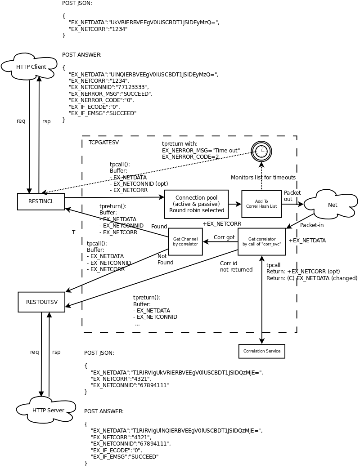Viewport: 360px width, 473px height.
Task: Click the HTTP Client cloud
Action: pyautogui.click(x=31, y=67)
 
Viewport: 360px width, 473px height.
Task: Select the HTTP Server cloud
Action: pyautogui.click(x=48, y=410)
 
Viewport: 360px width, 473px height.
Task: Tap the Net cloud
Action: pyautogui.click(x=332, y=205)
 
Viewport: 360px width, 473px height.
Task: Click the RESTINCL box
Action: pyautogui.click(x=41, y=201)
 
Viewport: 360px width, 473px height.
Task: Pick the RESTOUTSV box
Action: pyautogui.click(x=41, y=302)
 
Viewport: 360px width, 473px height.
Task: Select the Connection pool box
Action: pyautogui.click(x=196, y=204)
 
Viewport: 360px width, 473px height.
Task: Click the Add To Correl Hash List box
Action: pyautogui.click(x=261, y=204)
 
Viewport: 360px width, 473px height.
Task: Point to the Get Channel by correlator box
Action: pyautogui.click(x=185, y=241)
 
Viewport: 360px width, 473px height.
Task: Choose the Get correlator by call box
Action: pyautogui.click(x=261, y=241)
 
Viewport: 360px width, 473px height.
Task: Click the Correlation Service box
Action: pyautogui.click(x=261, y=351)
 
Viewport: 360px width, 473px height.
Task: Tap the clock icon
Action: pyautogui.click(x=261, y=151)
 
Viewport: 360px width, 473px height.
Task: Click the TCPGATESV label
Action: pyautogui.click(x=103, y=142)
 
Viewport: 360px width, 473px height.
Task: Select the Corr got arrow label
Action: pyautogui.click(x=224, y=237)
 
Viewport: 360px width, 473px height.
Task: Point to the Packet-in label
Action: pyautogui.click(x=312, y=225)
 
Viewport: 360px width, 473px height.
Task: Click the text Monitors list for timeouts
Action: pyautogui.click(x=263, y=177)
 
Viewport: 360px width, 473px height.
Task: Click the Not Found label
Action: pyautogui.click(x=165, y=259)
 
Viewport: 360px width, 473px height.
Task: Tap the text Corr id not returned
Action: pyautogui.click(x=236, y=266)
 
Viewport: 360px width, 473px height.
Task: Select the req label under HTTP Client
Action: pyautogui.click(x=21, y=120)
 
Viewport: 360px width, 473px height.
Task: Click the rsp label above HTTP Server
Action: pyautogui.click(x=56, y=352)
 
